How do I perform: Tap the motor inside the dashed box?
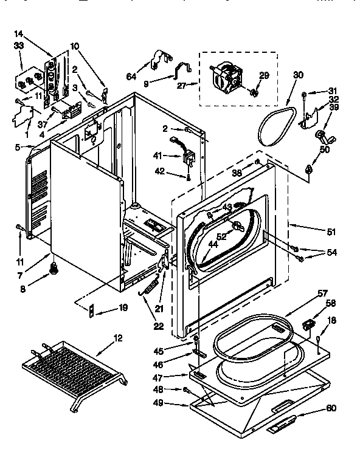pos(226,78)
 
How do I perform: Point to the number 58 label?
pos(331,303)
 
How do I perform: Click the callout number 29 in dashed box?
pos(264,75)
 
